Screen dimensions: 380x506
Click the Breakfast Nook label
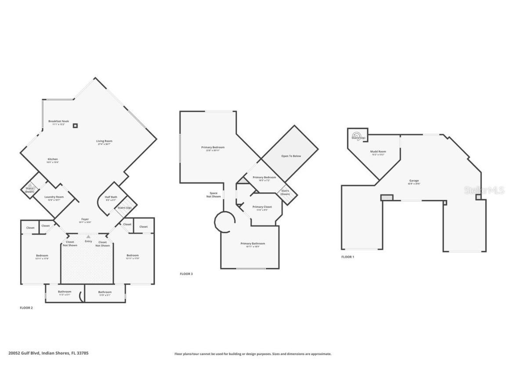(x=58, y=121)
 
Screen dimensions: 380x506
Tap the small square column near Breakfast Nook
(x=76, y=126)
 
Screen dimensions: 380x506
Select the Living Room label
(x=104, y=141)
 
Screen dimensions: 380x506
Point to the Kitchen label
(x=53, y=159)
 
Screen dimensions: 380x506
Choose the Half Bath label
(x=111, y=197)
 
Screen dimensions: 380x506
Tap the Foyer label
(x=85, y=219)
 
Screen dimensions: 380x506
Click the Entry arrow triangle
(x=88, y=237)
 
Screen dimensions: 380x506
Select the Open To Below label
(x=291, y=156)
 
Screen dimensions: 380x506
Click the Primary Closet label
(x=262, y=207)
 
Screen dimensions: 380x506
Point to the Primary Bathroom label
(x=253, y=244)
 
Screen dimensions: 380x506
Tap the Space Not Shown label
(x=213, y=195)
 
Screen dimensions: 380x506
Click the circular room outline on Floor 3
(x=225, y=222)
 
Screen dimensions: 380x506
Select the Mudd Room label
(x=378, y=152)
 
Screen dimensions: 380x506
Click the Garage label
(x=414, y=181)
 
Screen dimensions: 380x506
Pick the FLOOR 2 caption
(x=26, y=308)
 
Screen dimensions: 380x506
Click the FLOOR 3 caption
(x=186, y=274)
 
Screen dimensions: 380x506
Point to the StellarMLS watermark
(x=484, y=190)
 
